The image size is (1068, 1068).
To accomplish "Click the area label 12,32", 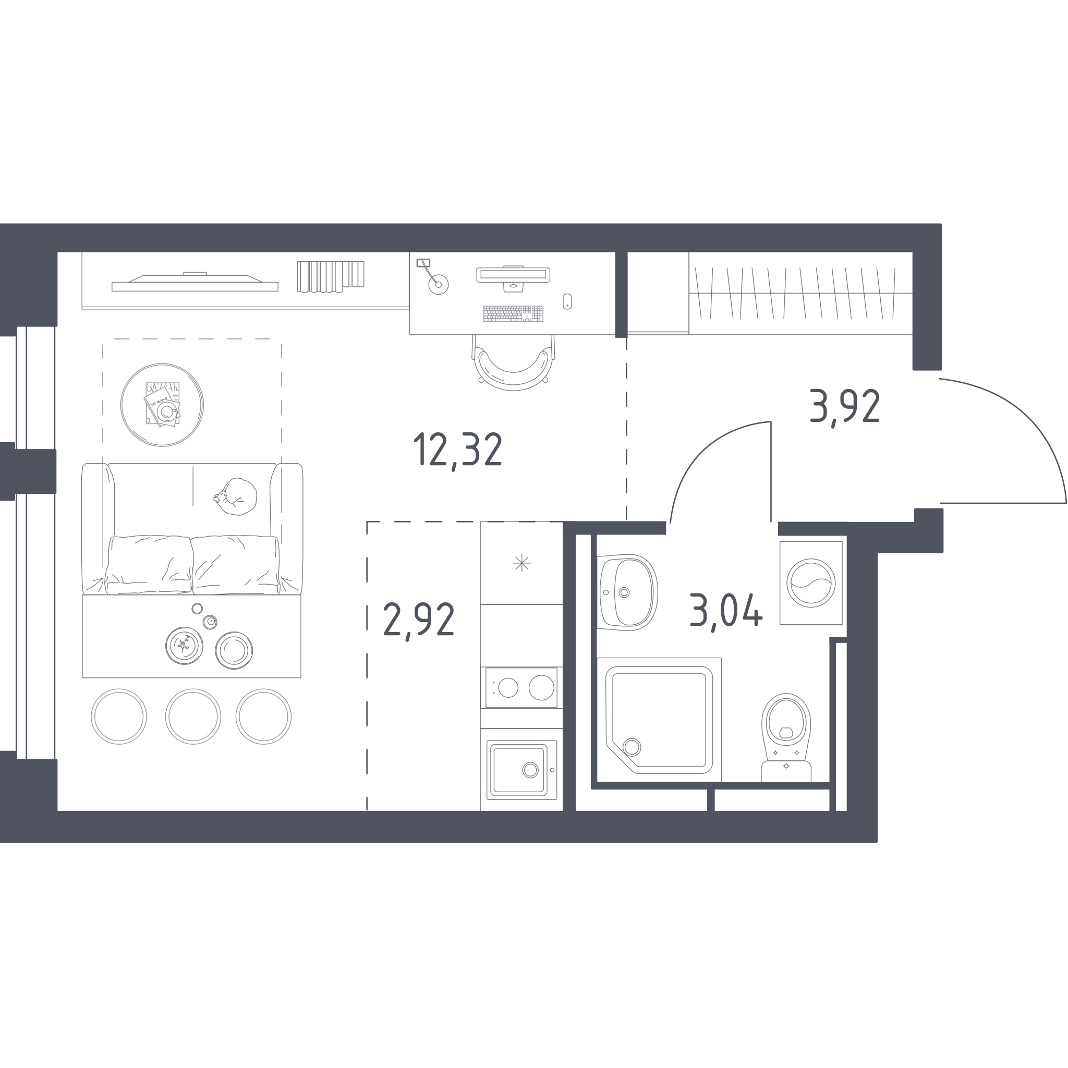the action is [x=458, y=450].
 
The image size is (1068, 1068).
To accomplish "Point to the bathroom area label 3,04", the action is [x=726, y=612].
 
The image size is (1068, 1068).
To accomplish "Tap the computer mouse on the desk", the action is [x=567, y=301].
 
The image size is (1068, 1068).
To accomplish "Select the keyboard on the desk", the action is [x=513, y=313].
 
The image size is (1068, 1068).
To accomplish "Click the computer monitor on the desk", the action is [x=513, y=277].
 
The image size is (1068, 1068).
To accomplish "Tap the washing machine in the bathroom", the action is [x=811, y=582].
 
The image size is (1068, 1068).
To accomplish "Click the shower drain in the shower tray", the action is [x=632, y=747].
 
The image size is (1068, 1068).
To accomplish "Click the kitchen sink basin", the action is [x=521, y=770].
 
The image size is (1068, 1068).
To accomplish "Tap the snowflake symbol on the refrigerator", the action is [x=521, y=563].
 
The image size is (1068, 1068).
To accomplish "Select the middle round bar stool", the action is [x=193, y=717].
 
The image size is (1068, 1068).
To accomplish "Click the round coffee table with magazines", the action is [x=162, y=405].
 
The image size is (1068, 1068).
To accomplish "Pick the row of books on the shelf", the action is [x=331, y=276].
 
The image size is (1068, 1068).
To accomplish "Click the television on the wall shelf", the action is [x=195, y=283].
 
